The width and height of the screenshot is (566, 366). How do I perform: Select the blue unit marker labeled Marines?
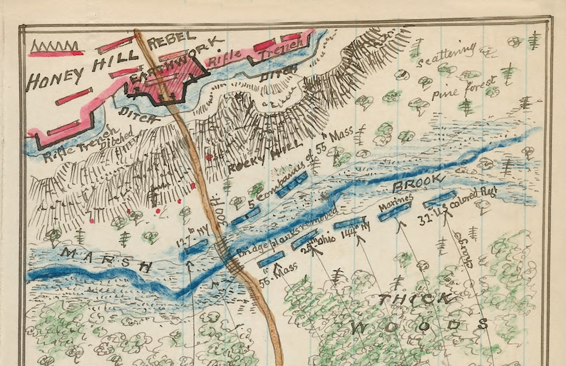tap(392, 213)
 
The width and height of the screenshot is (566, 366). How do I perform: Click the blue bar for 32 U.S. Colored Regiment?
tap(438, 200)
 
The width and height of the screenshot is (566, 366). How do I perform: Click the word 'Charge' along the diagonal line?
tap(473, 250)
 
